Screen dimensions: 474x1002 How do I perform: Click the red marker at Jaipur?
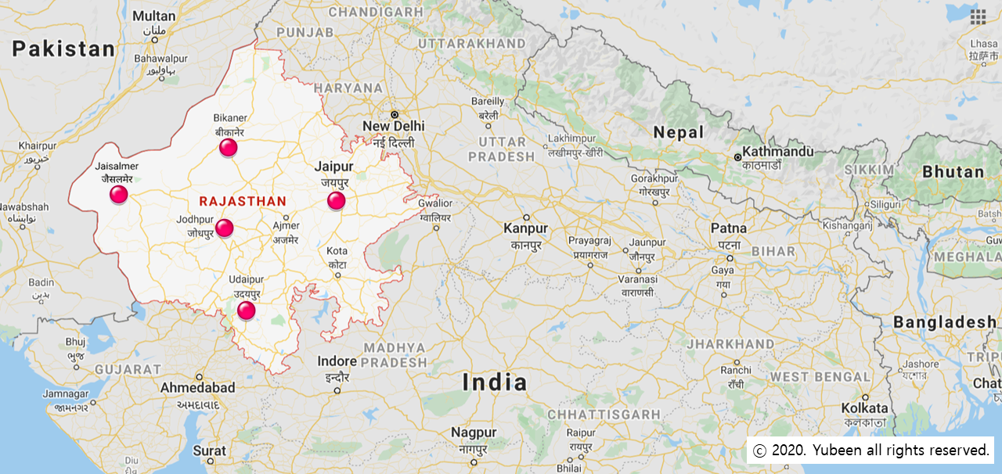tap(336, 201)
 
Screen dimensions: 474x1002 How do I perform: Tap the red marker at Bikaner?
tap(228, 147)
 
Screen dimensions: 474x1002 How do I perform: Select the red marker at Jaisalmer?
tap(118, 194)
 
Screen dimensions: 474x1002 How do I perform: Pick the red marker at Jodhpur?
tap(224, 228)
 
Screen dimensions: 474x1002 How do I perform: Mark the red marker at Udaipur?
tap(246, 311)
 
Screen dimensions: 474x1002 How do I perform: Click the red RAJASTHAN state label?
tap(243, 201)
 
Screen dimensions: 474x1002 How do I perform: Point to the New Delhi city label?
tap(393, 126)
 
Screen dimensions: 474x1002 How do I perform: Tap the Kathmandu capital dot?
tap(737, 157)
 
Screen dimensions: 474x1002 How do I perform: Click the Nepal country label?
tap(679, 132)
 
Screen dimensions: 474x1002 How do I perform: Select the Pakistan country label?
tap(63, 49)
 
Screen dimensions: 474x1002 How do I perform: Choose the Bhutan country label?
tap(953, 172)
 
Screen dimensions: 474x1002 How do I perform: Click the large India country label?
tap(494, 382)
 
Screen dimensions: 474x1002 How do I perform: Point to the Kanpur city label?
tap(526, 228)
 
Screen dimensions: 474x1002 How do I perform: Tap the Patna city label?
tap(728, 228)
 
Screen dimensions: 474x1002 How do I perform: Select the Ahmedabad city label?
tap(197, 388)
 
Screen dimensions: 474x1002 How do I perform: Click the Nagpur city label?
tap(474, 433)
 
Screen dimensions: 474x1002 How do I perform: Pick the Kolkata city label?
tap(865, 408)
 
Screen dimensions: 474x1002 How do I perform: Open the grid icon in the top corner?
tap(978, 16)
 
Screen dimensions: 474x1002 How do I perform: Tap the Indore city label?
tap(337, 361)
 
